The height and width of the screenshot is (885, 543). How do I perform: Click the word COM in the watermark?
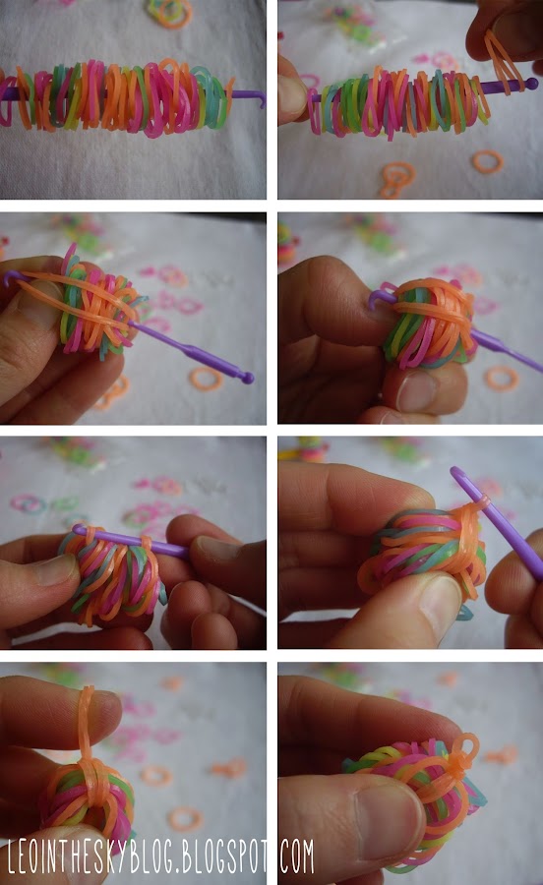coord(297,856)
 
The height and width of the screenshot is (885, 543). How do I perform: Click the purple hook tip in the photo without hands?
coord(260,99)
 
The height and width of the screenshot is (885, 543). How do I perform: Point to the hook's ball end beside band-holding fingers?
coord(531,85)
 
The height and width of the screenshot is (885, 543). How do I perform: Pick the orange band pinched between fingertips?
coord(503,59)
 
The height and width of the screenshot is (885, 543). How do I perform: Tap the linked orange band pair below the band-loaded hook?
coord(397,178)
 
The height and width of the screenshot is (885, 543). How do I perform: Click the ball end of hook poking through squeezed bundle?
coord(247,378)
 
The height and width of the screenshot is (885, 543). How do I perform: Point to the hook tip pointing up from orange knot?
coord(455,470)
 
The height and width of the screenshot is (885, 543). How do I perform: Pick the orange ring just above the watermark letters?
coord(185,818)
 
